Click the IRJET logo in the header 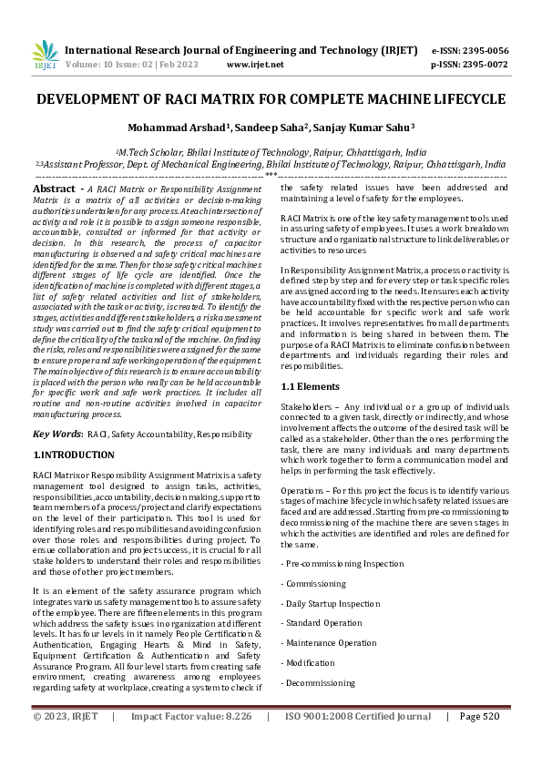(45, 56)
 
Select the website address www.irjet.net (254, 65)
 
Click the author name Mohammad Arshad (170, 128)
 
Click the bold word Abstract (54, 189)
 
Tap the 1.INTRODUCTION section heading (74, 455)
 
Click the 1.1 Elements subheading (312, 413)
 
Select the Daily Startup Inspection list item (333, 603)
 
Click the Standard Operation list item (324, 623)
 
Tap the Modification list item (311, 662)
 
